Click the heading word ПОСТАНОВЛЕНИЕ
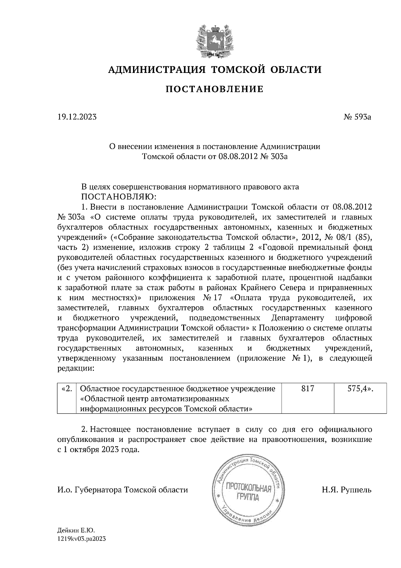click(215, 89)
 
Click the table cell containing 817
click(307, 389)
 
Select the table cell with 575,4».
click(360, 389)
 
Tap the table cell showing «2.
click(67, 389)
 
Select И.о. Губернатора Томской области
click(123, 490)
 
